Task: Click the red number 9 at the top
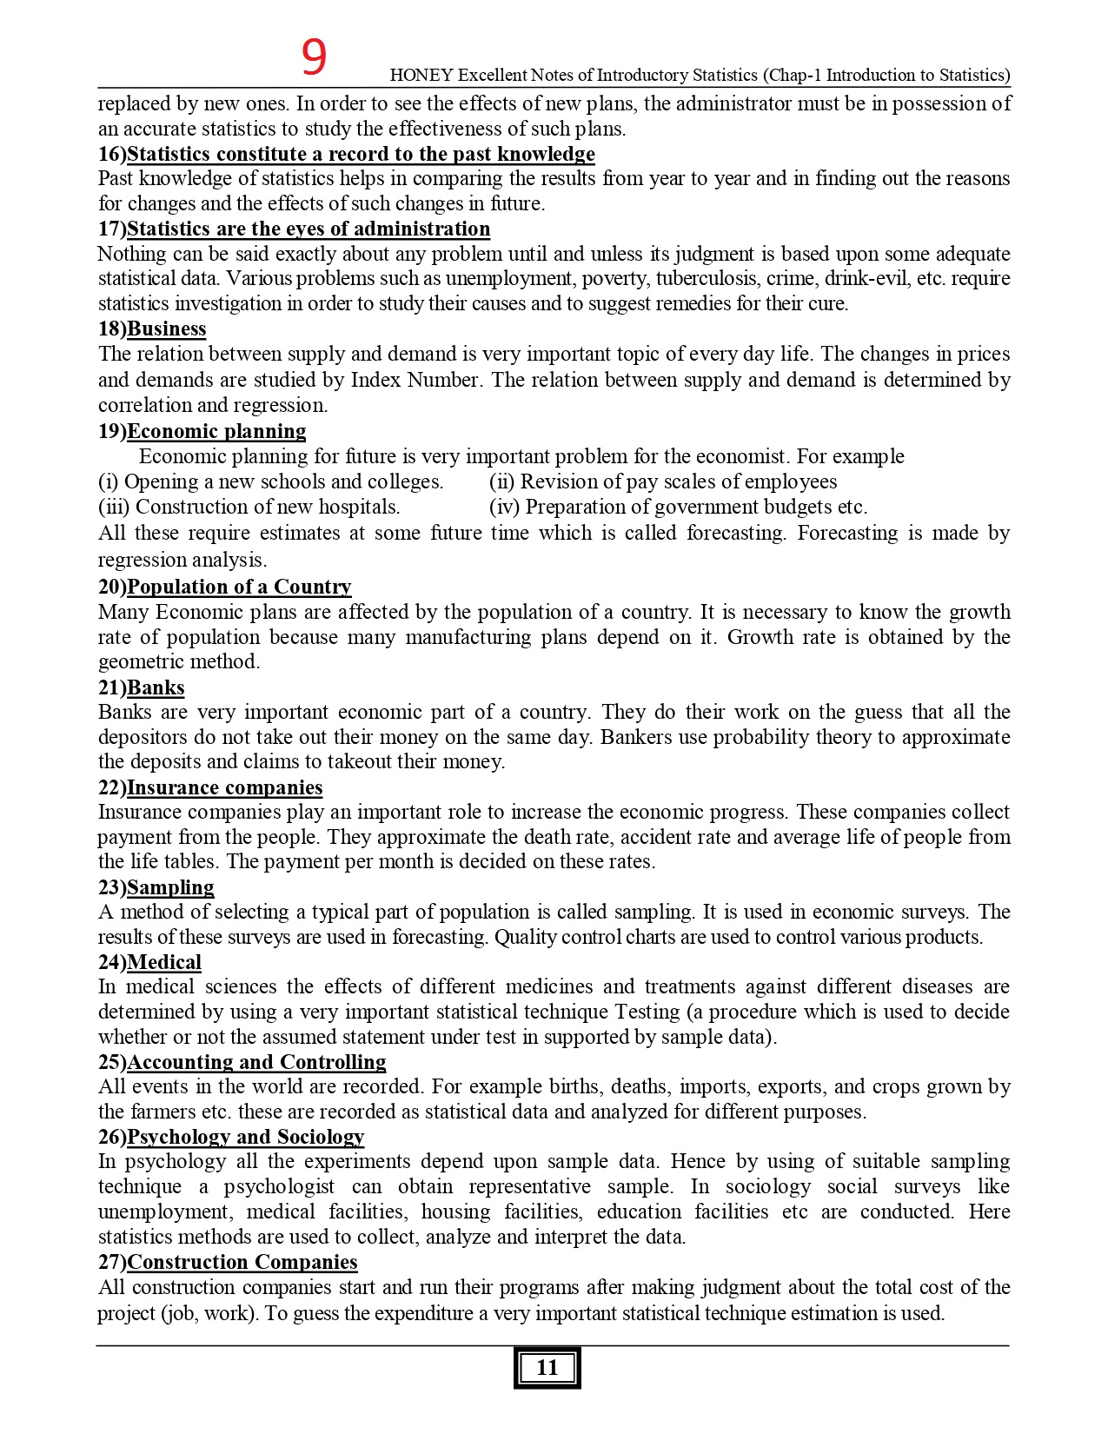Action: (314, 57)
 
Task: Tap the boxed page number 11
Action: (547, 1368)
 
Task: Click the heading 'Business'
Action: (166, 329)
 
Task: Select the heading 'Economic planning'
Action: (216, 431)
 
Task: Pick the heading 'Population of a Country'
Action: (239, 587)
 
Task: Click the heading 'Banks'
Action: (156, 687)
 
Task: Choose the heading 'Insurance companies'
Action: (224, 787)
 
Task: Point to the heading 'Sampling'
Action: (170, 887)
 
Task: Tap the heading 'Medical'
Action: (164, 962)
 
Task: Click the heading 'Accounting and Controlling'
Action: (256, 1062)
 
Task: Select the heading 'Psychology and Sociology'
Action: (246, 1137)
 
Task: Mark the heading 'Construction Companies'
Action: (242, 1262)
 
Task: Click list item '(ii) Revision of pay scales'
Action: (662, 481)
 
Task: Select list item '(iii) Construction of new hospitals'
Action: (249, 507)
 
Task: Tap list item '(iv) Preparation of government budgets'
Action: (678, 507)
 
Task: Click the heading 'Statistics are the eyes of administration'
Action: (309, 229)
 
